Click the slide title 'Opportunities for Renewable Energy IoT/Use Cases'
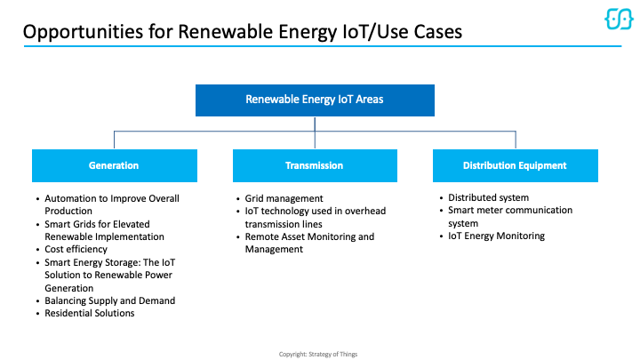click(242, 31)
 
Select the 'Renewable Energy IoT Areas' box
click(315, 100)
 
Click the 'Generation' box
click(114, 165)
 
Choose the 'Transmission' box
click(315, 165)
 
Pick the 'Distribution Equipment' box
click(515, 165)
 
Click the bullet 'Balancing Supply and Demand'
click(109, 300)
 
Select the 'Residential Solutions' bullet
click(90, 313)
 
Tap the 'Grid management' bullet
click(284, 198)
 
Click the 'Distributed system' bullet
click(488, 197)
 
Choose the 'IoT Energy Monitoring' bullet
click(496, 236)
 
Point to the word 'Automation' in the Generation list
click(70, 198)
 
